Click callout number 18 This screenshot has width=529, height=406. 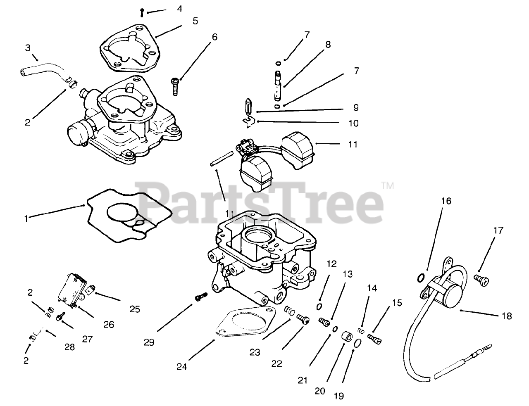click(x=507, y=316)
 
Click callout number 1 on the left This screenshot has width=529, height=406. click(x=26, y=219)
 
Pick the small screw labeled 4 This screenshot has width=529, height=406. click(x=142, y=12)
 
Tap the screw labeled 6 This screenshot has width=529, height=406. click(x=175, y=85)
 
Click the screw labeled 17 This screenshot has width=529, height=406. click(x=481, y=280)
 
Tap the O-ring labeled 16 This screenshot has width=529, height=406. click(x=420, y=277)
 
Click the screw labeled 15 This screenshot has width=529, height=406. click(x=376, y=339)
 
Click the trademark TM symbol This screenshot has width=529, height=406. click(x=388, y=185)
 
